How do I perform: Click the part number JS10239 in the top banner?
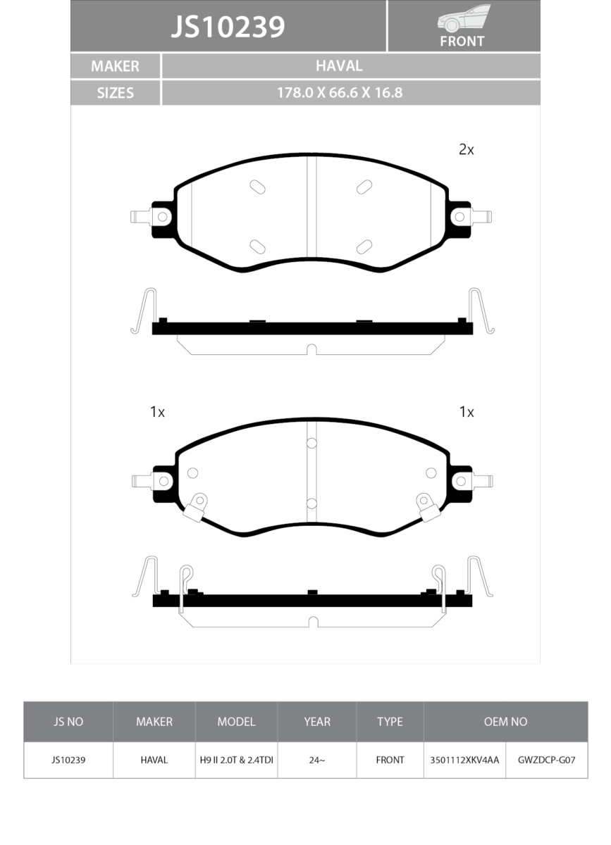pos(228,27)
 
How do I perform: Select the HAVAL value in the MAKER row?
pos(339,66)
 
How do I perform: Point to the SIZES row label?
pos(115,92)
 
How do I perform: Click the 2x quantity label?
pos(466,149)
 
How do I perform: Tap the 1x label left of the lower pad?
pos(157,412)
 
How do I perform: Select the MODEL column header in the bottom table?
pos(236,722)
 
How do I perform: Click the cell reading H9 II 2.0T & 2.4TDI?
pos(236,760)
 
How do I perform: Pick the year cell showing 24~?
pos(317,760)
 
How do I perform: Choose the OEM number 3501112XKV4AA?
pos(464,760)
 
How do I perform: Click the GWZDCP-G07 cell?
pos(547,760)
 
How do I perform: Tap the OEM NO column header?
pos(505,722)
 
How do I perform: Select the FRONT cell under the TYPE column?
pos(390,760)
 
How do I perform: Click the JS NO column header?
pos(68,722)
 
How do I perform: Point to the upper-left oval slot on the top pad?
pos(258,187)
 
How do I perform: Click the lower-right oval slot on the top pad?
pos(364,246)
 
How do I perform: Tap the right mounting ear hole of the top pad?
pos(460,216)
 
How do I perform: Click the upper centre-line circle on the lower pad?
pos(311,443)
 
